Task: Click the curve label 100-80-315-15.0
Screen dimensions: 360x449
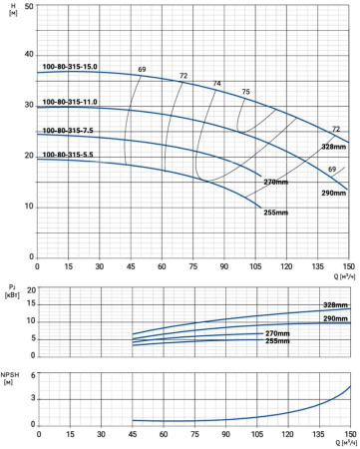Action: click(70, 67)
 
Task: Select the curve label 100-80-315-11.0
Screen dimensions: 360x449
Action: click(70, 102)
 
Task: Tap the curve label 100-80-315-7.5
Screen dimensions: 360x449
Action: click(68, 131)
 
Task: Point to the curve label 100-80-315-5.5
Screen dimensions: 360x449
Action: click(68, 155)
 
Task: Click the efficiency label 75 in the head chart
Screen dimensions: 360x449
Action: click(245, 92)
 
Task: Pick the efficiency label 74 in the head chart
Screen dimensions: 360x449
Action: click(216, 84)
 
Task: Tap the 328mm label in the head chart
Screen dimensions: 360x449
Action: click(334, 147)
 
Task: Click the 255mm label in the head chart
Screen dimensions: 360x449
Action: click(276, 213)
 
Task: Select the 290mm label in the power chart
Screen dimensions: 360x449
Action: click(335, 318)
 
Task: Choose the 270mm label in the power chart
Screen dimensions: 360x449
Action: click(277, 333)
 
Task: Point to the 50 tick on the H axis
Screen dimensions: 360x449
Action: click(29, 6)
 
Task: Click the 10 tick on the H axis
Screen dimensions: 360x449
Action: click(29, 207)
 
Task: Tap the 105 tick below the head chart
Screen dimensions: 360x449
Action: click(255, 266)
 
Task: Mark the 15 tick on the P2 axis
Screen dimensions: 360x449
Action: click(31, 304)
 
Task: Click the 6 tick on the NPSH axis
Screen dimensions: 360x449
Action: click(33, 375)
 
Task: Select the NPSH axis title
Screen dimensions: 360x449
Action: click(10, 378)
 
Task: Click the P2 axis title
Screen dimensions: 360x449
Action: click(12, 291)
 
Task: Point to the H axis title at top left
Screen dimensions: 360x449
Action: click(13, 10)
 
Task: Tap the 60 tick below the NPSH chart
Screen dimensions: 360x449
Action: click(164, 434)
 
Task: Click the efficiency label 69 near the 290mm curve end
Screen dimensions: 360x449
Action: click(332, 170)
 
